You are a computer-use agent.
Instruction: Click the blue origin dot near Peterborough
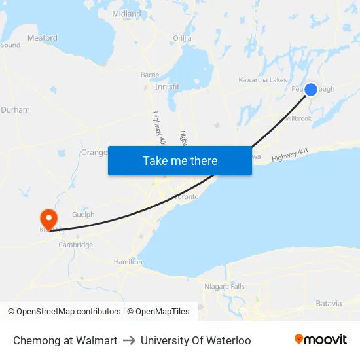(x=312, y=89)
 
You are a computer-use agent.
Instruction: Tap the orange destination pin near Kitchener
(x=48, y=217)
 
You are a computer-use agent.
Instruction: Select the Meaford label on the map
(x=43, y=38)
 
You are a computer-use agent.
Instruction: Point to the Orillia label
(x=182, y=38)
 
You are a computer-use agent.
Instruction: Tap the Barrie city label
(x=150, y=75)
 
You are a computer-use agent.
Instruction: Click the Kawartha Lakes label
(x=263, y=80)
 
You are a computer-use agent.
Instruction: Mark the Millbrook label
(x=298, y=118)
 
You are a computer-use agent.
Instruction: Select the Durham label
(x=15, y=110)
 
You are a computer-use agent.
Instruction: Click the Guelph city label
(x=83, y=214)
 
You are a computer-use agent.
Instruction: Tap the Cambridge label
(x=76, y=245)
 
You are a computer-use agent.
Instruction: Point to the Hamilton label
(x=128, y=262)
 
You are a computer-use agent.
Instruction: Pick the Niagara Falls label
(x=224, y=287)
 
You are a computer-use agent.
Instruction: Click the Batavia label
(x=329, y=304)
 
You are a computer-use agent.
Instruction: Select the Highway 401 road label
(x=290, y=156)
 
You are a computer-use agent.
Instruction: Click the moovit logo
(x=321, y=340)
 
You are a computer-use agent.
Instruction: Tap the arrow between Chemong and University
(x=129, y=340)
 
